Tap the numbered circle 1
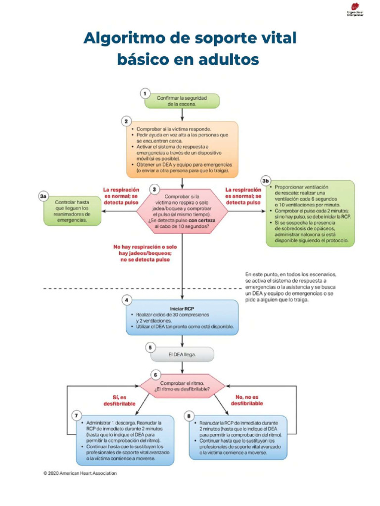pos(145,93)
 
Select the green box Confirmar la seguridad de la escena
pos(182,101)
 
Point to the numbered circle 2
pos(126,122)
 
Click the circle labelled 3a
pos(44,196)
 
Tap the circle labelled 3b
pos(265,181)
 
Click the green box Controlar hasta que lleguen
pos(72,211)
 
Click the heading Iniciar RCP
pos(182,309)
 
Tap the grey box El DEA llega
pos(182,354)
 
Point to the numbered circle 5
pos(150,347)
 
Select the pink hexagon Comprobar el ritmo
pos(182,386)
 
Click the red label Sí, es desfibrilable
pos(119,400)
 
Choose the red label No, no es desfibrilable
pos(247,400)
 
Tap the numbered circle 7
pos(76,415)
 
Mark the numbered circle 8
pos(189,416)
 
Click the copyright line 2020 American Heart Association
pos(80,473)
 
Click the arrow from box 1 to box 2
pos(182,115)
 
